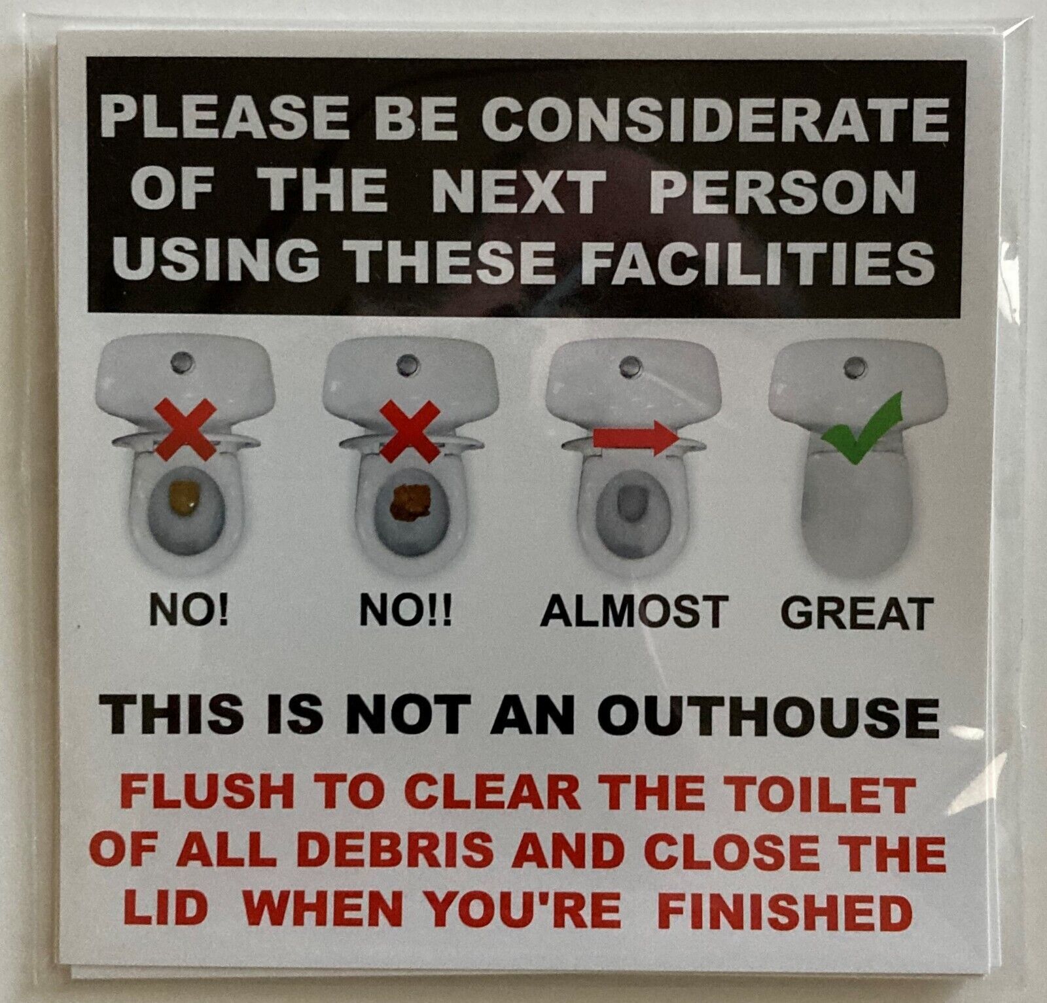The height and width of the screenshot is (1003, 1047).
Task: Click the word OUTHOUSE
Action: point(769,718)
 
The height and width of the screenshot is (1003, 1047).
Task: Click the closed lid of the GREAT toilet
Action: point(857,504)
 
